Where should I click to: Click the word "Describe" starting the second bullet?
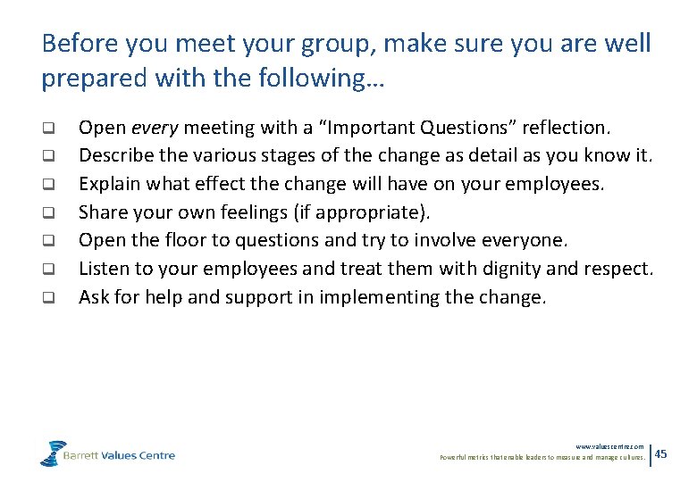(x=112, y=156)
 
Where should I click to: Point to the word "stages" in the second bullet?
(x=246, y=156)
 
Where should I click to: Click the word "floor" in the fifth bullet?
(x=177, y=240)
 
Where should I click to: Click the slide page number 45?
(x=661, y=454)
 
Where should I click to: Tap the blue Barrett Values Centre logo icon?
(x=54, y=453)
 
